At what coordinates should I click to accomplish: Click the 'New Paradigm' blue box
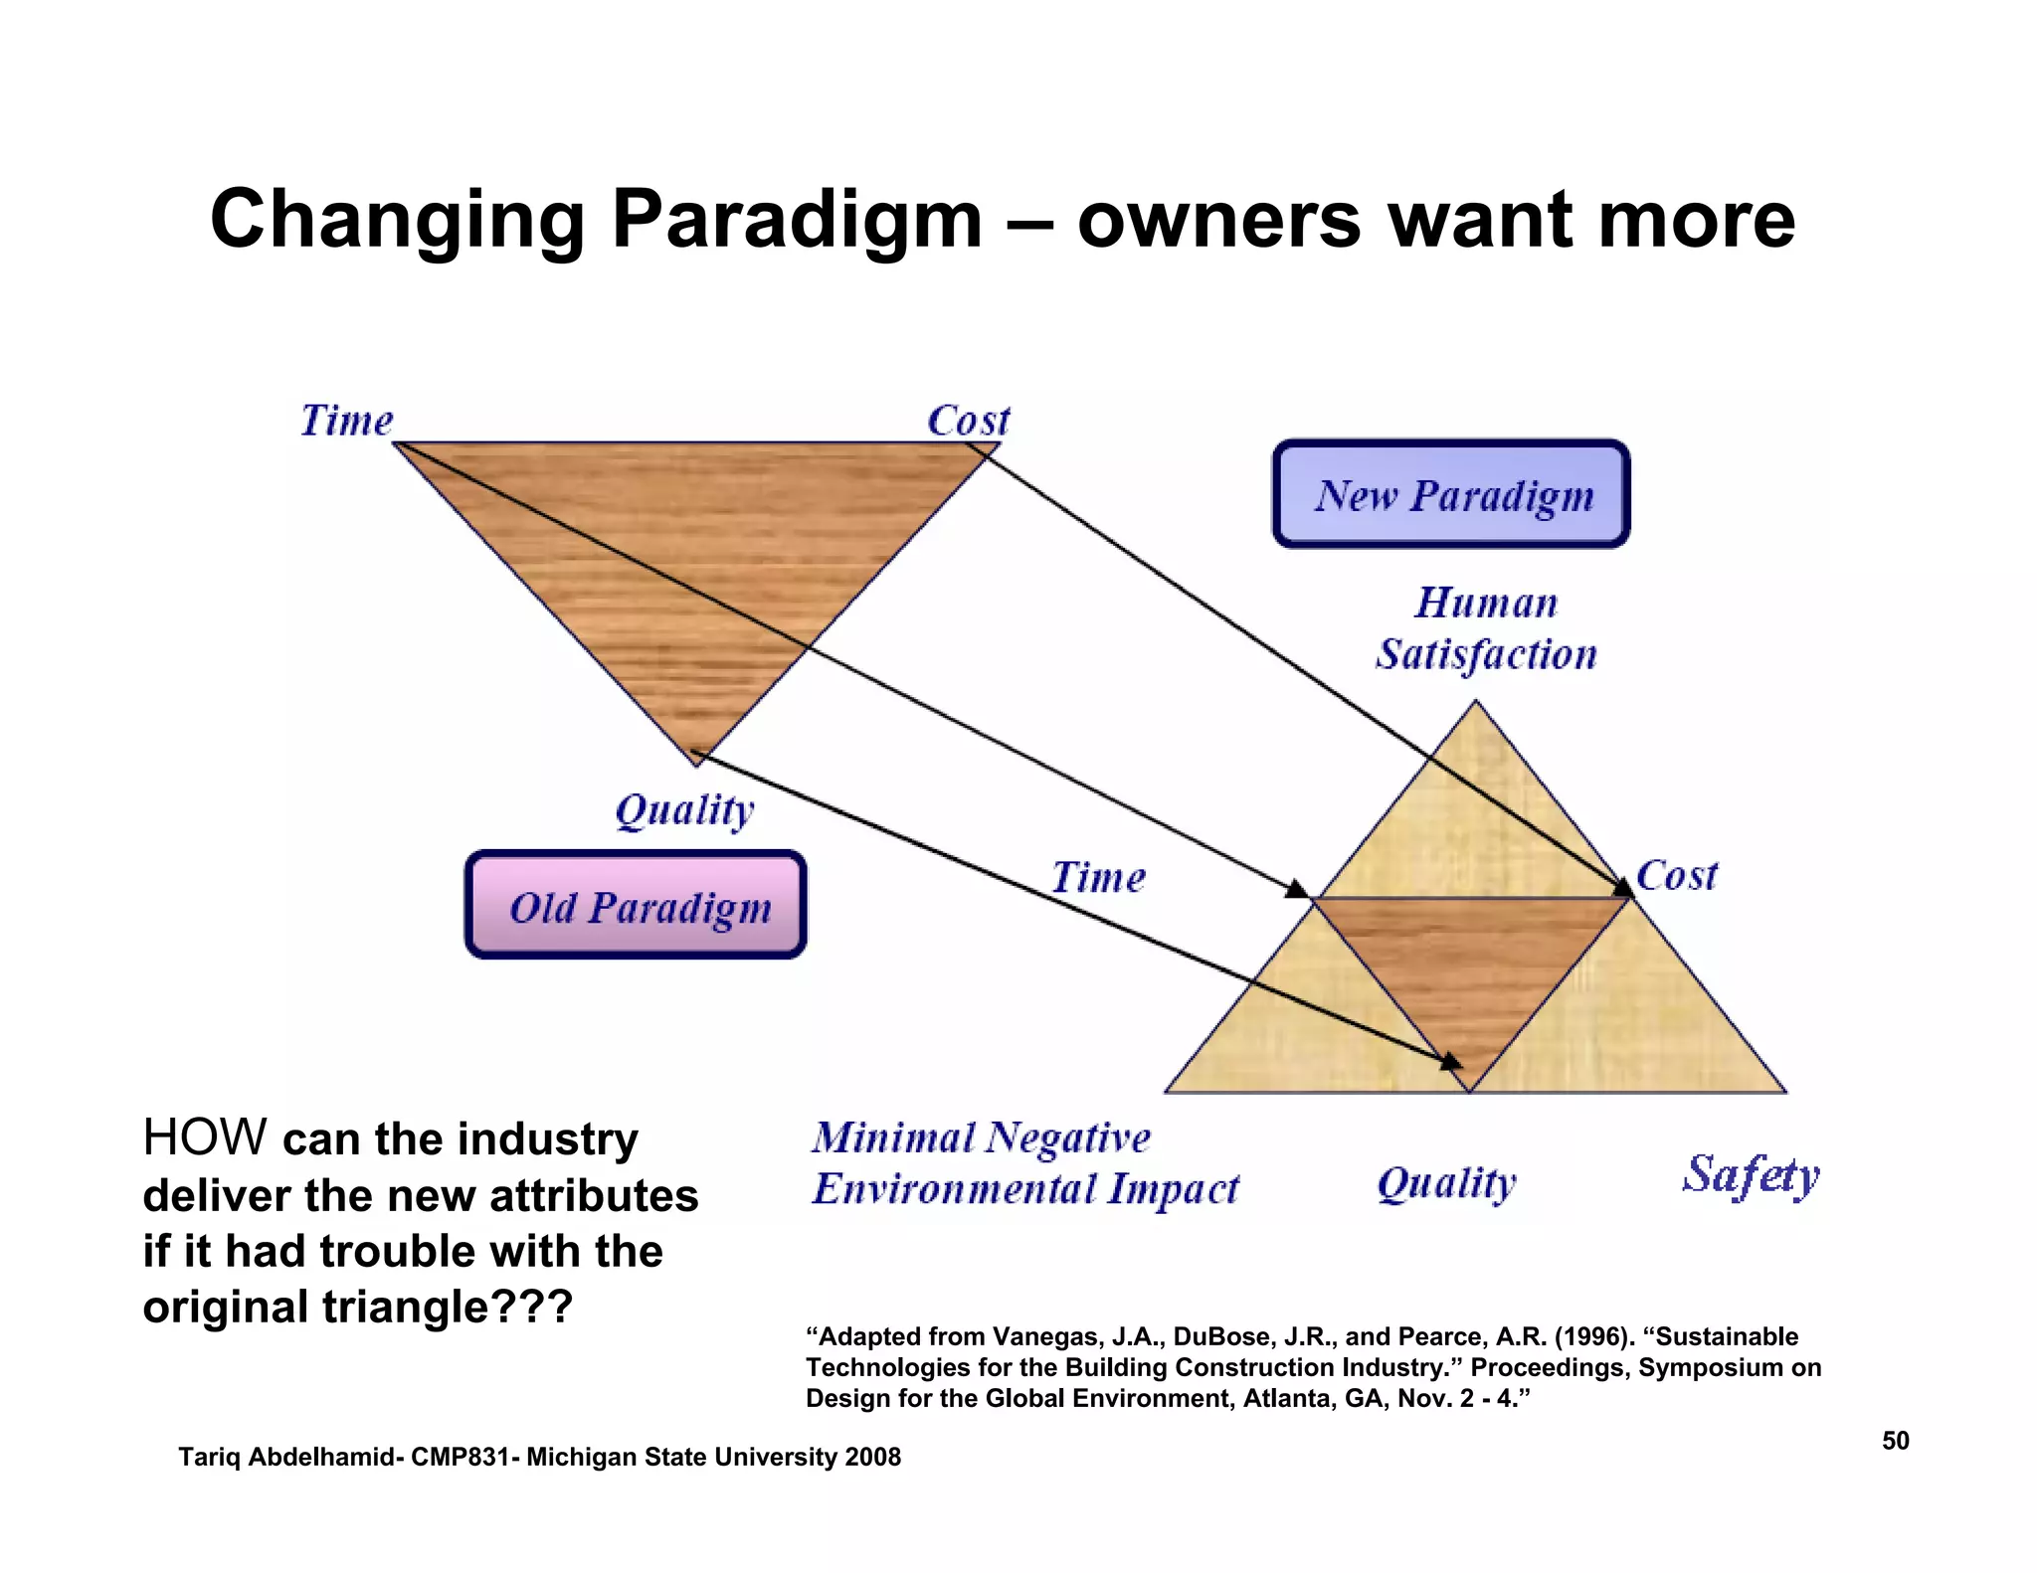(x=1451, y=494)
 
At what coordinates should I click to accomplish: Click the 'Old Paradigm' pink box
(x=636, y=905)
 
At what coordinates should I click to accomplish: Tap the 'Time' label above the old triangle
(x=346, y=420)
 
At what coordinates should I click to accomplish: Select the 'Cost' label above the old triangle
(x=968, y=420)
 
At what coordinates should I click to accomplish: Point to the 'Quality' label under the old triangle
(x=684, y=809)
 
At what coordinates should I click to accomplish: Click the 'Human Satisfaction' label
(x=1486, y=628)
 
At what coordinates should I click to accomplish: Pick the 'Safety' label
(x=1751, y=1175)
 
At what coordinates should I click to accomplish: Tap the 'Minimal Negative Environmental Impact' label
(x=1024, y=1162)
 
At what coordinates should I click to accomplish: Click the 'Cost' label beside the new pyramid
(x=1677, y=875)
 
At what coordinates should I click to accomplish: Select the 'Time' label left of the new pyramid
(x=1098, y=877)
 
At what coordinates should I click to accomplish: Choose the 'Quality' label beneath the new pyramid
(x=1446, y=1182)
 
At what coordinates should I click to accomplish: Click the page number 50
(x=1895, y=1441)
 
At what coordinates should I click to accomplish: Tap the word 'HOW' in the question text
(x=204, y=1136)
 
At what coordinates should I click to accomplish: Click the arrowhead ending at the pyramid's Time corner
(x=1297, y=888)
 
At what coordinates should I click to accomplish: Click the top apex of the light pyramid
(x=1476, y=702)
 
